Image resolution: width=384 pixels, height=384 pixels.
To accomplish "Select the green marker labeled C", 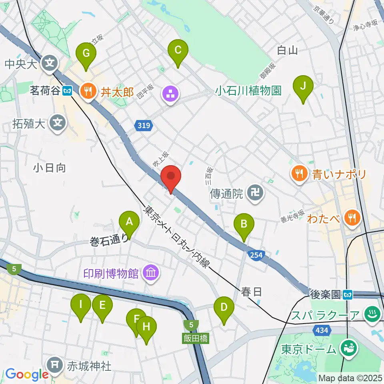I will pos(178,51).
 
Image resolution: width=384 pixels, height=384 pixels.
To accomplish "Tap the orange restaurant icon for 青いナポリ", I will pos(300,174).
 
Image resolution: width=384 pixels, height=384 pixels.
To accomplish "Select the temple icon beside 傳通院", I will pos(255,194).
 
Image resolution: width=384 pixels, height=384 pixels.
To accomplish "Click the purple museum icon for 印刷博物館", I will pos(152,274).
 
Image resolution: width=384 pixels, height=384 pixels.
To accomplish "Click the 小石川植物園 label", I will pos(248,90).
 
